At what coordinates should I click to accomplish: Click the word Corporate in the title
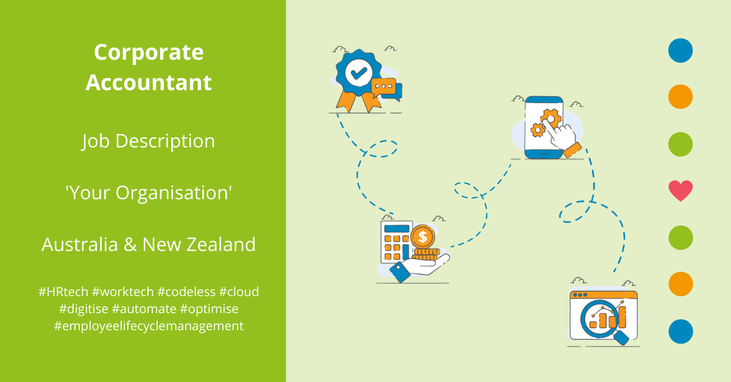(x=149, y=53)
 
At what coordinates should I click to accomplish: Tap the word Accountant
(x=149, y=82)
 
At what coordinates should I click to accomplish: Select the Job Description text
(x=149, y=142)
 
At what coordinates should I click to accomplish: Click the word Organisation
(x=174, y=193)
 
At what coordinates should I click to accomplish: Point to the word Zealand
(x=221, y=244)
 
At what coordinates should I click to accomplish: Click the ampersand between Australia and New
(x=130, y=244)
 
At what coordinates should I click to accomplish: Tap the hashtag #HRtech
(x=63, y=292)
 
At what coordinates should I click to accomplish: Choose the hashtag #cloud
(x=239, y=292)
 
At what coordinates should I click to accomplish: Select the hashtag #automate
(x=144, y=309)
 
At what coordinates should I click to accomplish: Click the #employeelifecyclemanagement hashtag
(x=149, y=326)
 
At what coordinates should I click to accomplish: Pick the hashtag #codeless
(x=186, y=292)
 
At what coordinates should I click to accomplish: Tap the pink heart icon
(x=680, y=190)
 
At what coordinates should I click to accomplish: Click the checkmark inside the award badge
(x=359, y=73)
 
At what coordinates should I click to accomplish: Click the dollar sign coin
(x=423, y=237)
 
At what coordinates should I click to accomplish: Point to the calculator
(x=397, y=242)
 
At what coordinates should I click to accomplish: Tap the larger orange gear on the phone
(x=551, y=119)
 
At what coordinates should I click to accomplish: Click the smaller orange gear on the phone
(x=537, y=130)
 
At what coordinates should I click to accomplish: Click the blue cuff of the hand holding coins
(x=400, y=272)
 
